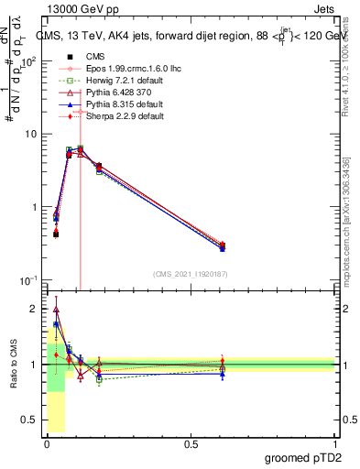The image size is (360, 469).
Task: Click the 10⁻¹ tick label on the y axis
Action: tap(29, 279)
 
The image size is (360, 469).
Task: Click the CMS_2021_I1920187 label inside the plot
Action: tap(190, 274)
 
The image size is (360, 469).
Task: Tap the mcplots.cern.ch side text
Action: tap(346, 229)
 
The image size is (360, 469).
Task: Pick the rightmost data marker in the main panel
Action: tap(223, 245)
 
